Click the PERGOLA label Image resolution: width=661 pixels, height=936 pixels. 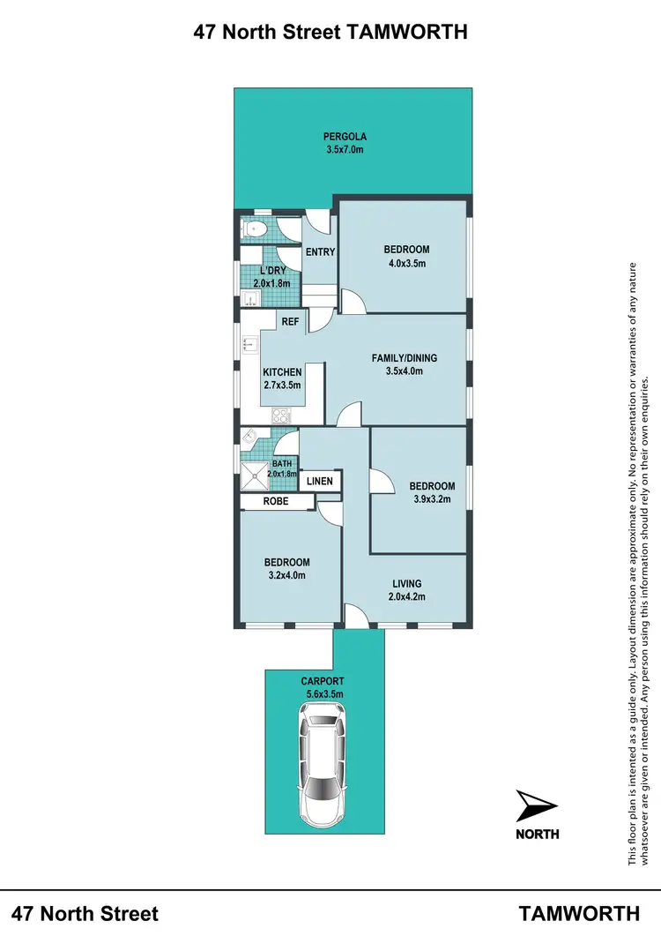[x=344, y=137]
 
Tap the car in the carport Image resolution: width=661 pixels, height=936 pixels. [x=324, y=767]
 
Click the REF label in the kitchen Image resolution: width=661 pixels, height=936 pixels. [x=291, y=323]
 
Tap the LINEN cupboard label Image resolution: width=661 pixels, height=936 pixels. [x=320, y=482]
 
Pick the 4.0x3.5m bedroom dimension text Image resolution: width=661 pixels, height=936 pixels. [x=406, y=263]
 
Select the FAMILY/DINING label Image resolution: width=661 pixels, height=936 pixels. [x=405, y=358]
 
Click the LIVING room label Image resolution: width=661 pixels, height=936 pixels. [x=406, y=583]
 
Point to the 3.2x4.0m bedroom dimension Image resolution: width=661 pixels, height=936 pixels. [x=287, y=577]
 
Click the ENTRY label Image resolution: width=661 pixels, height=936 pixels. [x=320, y=252]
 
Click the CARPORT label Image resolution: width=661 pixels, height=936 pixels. [x=322, y=681]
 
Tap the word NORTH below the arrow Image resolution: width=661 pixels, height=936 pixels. [x=536, y=834]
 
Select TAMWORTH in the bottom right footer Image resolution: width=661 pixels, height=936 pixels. [x=579, y=913]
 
